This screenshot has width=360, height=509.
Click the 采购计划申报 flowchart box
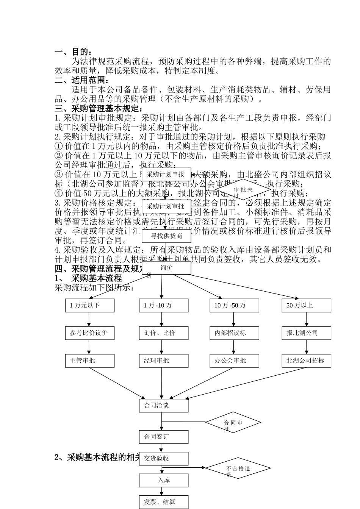pyautogui.click(x=166, y=175)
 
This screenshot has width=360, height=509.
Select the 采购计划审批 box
pyautogui.click(x=166, y=206)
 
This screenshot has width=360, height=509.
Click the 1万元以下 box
pyautogui.click(x=89, y=306)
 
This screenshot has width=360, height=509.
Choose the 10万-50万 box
pyautogui.click(x=234, y=306)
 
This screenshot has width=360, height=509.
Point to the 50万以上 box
pyautogui.click(x=306, y=306)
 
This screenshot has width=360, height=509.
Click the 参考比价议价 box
pyautogui.click(x=89, y=333)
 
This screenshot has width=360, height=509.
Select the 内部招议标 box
pyautogui.click(x=234, y=333)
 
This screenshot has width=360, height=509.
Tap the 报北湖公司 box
pyautogui.click(x=306, y=333)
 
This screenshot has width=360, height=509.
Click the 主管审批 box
pyautogui.click(x=89, y=361)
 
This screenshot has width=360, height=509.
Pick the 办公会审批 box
pyautogui.click(x=234, y=361)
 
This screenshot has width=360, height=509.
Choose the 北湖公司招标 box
pyautogui.click(x=306, y=361)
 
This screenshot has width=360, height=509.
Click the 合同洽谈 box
pyautogui.click(x=163, y=406)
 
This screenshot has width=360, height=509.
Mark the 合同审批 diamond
pyautogui.click(x=233, y=422)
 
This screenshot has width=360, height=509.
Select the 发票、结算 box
pyautogui.click(x=163, y=502)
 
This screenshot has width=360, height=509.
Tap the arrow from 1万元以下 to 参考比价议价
pyautogui.click(x=89, y=319)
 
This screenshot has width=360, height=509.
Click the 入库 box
pyautogui.click(x=163, y=480)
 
